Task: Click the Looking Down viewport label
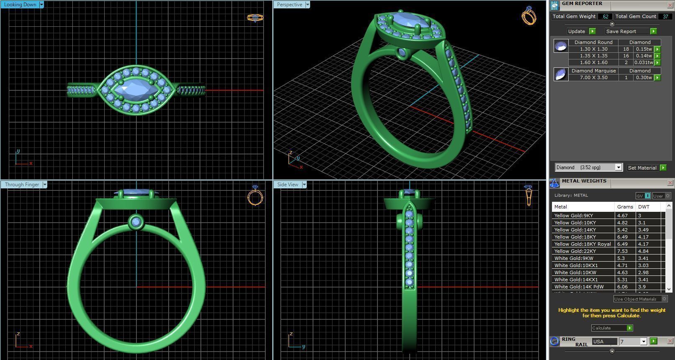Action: (x=20, y=5)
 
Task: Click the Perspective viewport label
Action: (x=289, y=5)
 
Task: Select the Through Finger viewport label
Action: (x=22, y=185)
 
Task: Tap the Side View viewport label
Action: (x=287, y=185)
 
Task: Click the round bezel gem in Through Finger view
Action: (x=136, y=222)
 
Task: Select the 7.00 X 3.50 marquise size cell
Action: (x=593, y=77)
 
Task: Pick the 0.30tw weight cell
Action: (x=644, y=77)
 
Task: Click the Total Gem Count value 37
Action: (x=665, y=16)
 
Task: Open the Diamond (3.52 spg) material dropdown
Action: (x=588, y=167)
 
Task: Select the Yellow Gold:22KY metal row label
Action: (x=575, y=251)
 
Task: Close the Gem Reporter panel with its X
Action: (x=670, y=5)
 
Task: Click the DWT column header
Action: (x=644, y=207)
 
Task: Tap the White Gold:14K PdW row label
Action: (x=579, y=287)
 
